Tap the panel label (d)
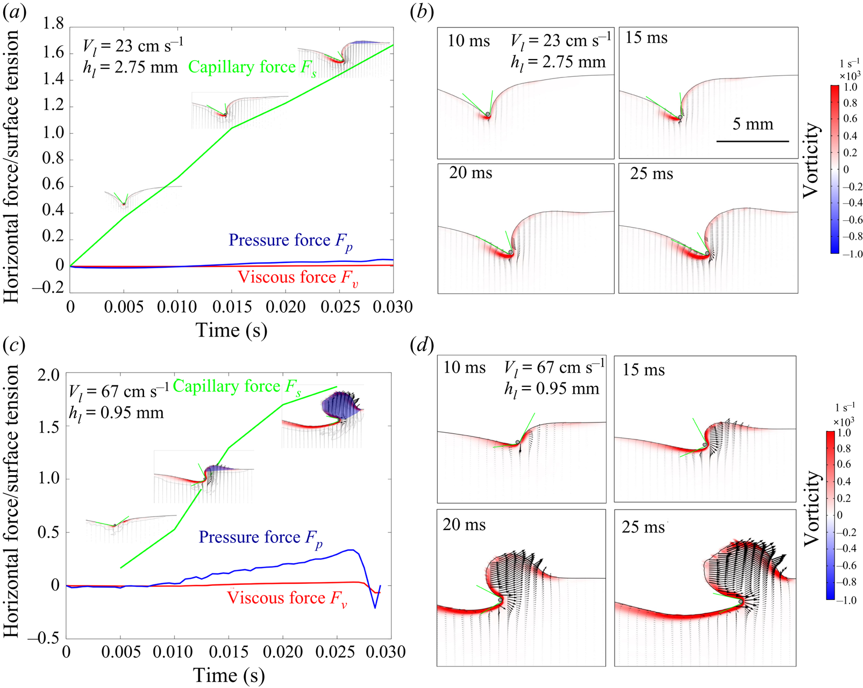click(422, 345)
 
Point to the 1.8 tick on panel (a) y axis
click(53, 24)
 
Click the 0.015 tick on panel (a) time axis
click(232, 307)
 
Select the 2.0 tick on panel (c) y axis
click(48, 375)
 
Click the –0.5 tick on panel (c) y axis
click(44, 638)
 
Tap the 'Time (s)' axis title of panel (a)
click(231, 331)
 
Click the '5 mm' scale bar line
click(752, 141)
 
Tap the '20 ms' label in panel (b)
click(470, 173)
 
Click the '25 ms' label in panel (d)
click(643, 527)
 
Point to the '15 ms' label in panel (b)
click(646, 38)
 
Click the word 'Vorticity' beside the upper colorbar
click(810, 160)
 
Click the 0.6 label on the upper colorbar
click(850, 119)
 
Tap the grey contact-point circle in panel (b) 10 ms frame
click(488, 114)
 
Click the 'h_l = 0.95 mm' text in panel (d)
click(552, 389)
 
